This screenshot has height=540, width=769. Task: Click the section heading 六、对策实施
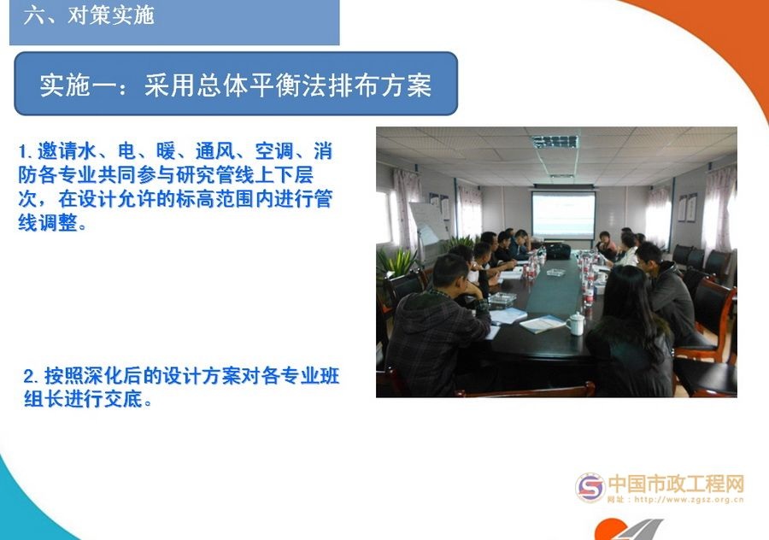pos(89,16)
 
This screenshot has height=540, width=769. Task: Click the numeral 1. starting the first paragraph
pos(26,153)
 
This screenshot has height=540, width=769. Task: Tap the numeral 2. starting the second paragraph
pos(32,376)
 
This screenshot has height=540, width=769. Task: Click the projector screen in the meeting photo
pos(563,213)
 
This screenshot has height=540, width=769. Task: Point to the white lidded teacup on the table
pos(577,322)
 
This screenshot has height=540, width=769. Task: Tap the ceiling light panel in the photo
pos(555,141)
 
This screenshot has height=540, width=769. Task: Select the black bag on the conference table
pos(558,250)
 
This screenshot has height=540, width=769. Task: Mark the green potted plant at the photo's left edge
pos(394,261)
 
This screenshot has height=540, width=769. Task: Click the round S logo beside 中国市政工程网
pos(590,488)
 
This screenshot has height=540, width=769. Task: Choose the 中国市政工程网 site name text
pos(676,484)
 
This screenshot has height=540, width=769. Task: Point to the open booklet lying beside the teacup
pos(542,324)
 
